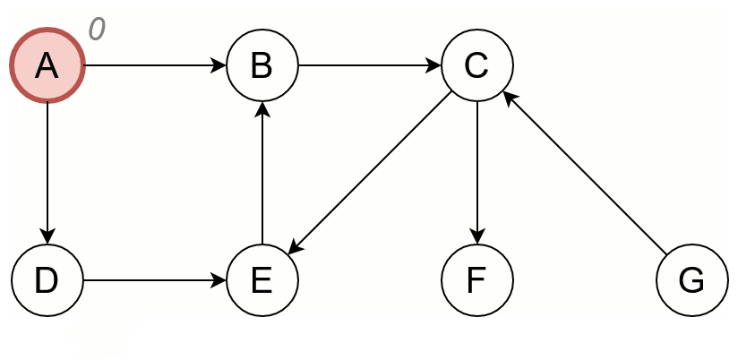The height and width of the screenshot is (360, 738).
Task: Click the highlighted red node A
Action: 47,65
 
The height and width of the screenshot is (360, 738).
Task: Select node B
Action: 262,65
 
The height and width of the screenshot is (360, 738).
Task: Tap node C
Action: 476,65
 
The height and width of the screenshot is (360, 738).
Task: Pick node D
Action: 47,280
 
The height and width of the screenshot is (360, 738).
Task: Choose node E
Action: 262,280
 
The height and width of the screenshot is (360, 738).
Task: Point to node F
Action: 476,280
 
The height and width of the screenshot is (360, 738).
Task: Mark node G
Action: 691,280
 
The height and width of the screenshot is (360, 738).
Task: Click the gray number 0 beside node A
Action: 97,30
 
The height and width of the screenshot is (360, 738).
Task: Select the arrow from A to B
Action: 152,65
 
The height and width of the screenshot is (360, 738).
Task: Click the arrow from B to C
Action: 369,65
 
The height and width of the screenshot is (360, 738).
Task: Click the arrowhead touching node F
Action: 476,237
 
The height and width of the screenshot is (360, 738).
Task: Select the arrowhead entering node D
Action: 47,237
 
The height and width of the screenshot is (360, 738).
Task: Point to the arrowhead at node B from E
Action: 262,108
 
